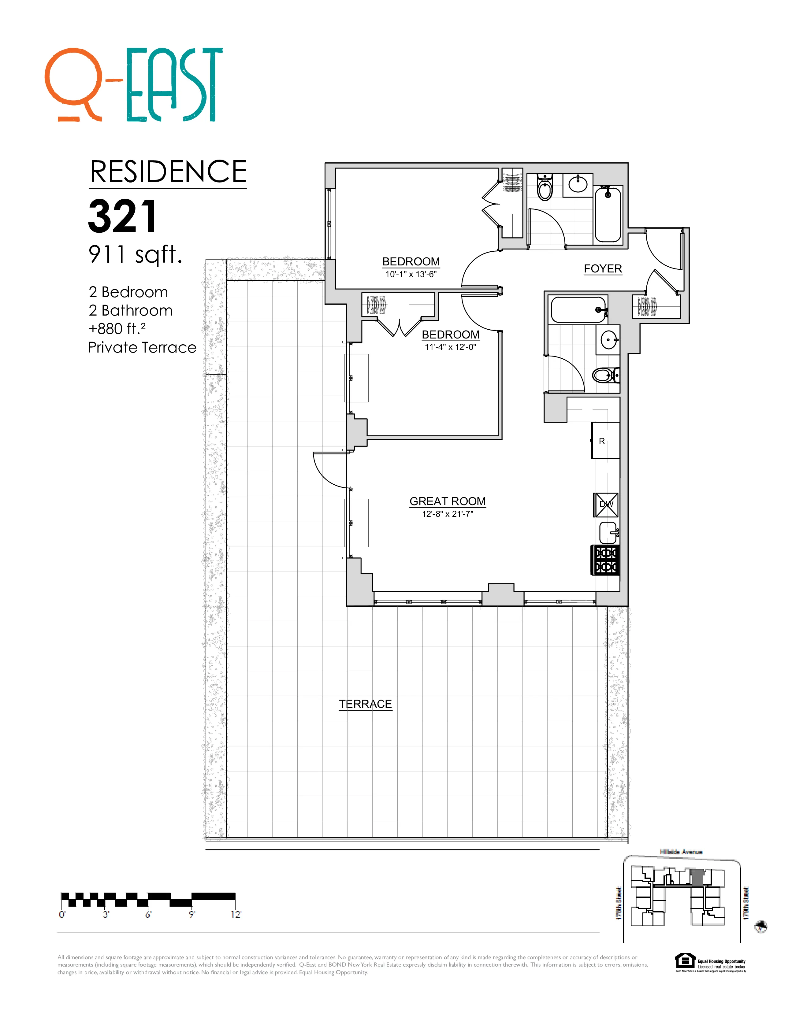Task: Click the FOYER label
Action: coord(603,268)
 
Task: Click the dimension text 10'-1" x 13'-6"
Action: coord(411,274)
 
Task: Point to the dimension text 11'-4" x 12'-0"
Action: coord(450,347)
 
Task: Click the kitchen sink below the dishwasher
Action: coord(608,533)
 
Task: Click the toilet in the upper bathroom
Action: coord(545,188)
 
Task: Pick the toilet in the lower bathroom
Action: coord(604,376)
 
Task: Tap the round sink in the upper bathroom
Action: coord(578,183)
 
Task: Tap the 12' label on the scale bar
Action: coord(236,914)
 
